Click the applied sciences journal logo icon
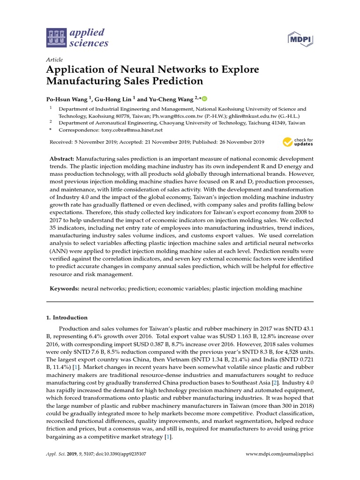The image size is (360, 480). pos(56,38)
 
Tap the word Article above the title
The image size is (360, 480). pos(54,60)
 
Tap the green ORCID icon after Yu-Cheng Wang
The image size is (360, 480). pos(204,98)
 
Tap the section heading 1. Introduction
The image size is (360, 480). pos(66,317)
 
